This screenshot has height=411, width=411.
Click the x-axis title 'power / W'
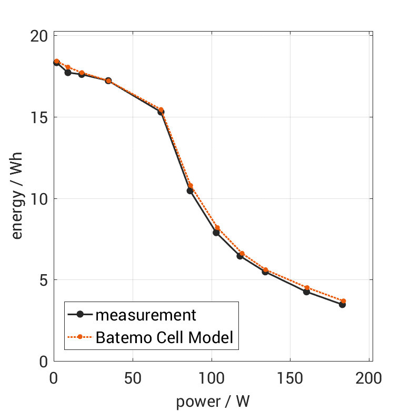click(x=213, y=402)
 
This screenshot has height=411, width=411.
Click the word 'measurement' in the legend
click(x=146, y=315)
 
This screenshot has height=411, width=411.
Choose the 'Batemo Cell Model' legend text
click(x=164, y=337)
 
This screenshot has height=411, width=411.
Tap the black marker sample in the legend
click(x=80, y=315)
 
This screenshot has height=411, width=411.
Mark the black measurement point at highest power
click(x=342, y=304)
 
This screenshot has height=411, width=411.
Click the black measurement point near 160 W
click(x=306, y=292)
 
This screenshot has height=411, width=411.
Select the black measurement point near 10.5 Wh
click(x=190, y=191)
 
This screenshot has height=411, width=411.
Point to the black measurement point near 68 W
click(x=161, y=112)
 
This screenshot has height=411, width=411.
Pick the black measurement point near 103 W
click(x=216, y=233)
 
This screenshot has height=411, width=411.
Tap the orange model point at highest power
click(x=343, y=301)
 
